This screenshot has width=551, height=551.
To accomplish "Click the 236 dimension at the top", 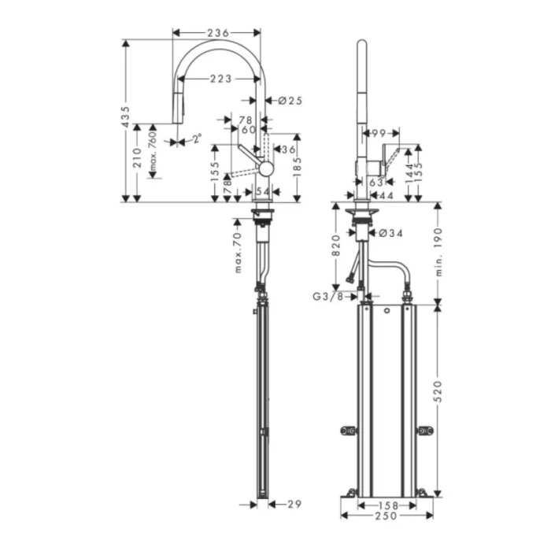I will pyautogui.click(x=216, y=32).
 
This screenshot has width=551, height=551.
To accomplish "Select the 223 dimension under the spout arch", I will pyautogui.click(x=221, y=79).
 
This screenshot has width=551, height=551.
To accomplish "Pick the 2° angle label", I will pyautogui.click(x=194, y=140).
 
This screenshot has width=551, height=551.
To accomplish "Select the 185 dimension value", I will pyautogui.click(x=297, y=167).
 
